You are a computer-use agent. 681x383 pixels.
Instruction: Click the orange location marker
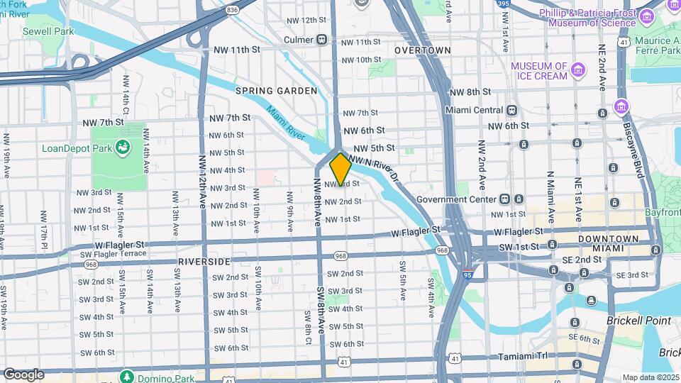click(x=340, y=169)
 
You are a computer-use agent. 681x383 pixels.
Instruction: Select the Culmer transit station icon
click(x=322, y=40)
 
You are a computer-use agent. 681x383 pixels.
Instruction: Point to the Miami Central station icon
click(x=511, y=110)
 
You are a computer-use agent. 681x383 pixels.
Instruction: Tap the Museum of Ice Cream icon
click(x=579, y=70)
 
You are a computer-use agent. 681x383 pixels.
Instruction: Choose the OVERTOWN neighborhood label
click(x=423, y=50)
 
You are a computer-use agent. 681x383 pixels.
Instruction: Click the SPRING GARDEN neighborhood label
click(x=276, y=91)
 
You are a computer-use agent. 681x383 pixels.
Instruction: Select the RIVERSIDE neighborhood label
click(x=204, y=261)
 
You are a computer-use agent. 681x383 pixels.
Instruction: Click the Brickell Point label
click(x=638, y=321)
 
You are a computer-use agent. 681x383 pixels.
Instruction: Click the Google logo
click(x=23, y=374)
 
